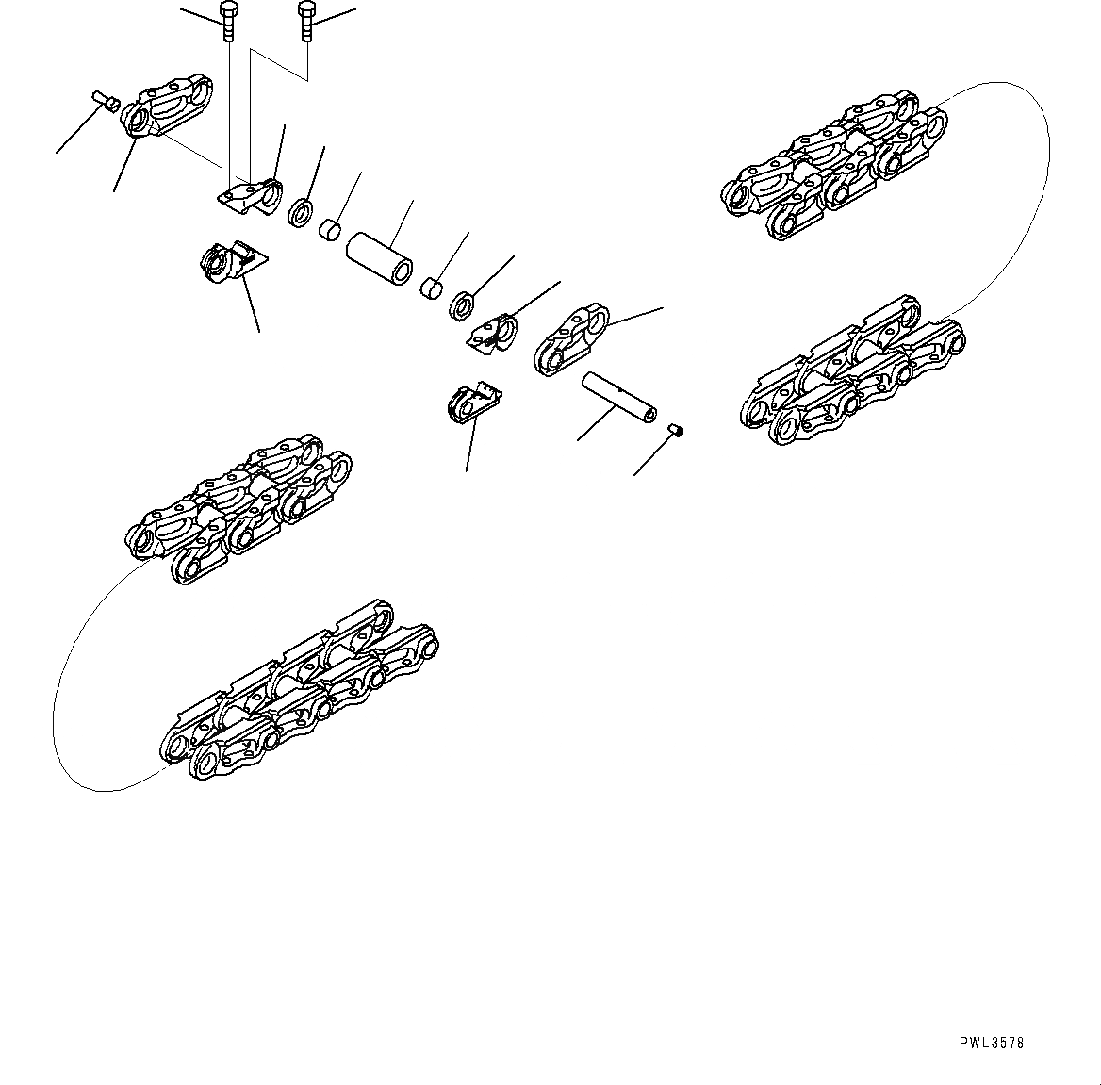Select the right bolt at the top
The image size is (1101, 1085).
pos(305,22)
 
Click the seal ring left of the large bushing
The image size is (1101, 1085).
pos(300,212)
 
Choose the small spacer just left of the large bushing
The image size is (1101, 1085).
pos(330,230)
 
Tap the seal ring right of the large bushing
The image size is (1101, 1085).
pos(463,305)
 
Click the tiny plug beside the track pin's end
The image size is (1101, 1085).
pos(676,431)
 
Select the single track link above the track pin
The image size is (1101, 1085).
pos(571,338)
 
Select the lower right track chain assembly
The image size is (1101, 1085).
pos(853,372)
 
